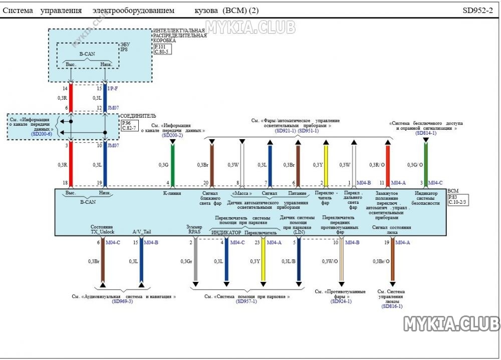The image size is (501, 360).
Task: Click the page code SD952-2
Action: coord(477,10)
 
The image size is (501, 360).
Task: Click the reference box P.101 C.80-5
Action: coord(162,49)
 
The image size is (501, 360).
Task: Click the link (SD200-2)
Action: coord(172,136)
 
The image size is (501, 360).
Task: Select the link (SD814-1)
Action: coord(425,133)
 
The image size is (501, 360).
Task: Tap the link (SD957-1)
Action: coord(246,301)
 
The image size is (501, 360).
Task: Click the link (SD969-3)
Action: coord(122,301)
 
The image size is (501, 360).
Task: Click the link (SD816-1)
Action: coord(391,306)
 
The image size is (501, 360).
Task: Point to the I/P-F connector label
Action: coord(113,89)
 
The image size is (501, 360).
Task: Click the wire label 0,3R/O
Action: coord(377,165)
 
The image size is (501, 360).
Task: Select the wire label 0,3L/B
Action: coord(288,261)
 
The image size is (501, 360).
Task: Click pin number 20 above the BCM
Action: coord(206,183)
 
